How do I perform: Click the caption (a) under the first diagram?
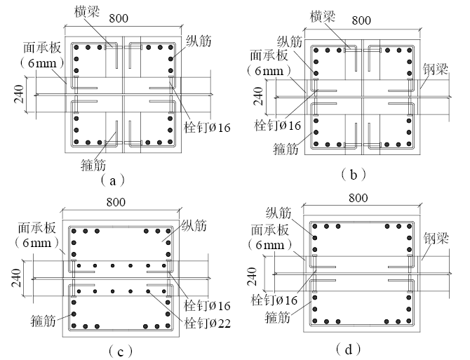[112, 180]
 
